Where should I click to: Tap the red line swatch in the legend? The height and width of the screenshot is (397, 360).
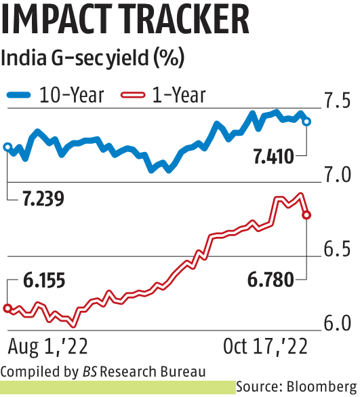(x=132, y=95)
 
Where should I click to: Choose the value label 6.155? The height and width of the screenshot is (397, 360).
(x=40, y=280)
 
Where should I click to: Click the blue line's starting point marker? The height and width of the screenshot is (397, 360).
(x=7, y=147)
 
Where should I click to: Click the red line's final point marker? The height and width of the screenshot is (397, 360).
(x=307, y=215)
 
